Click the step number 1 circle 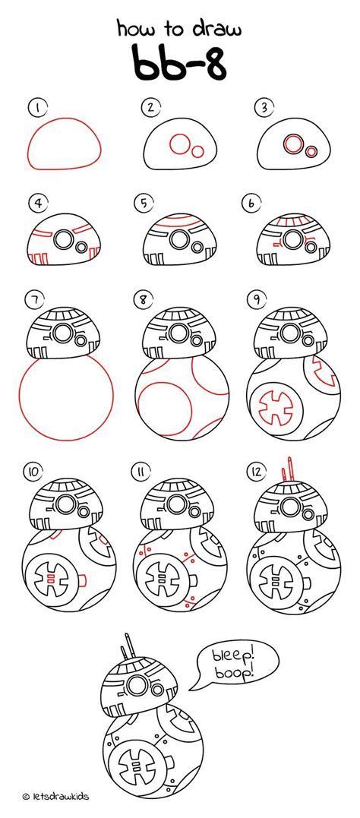point(35,107)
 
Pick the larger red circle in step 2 point(180,144)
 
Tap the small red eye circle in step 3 point(311,152)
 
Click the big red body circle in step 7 point(68,395)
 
